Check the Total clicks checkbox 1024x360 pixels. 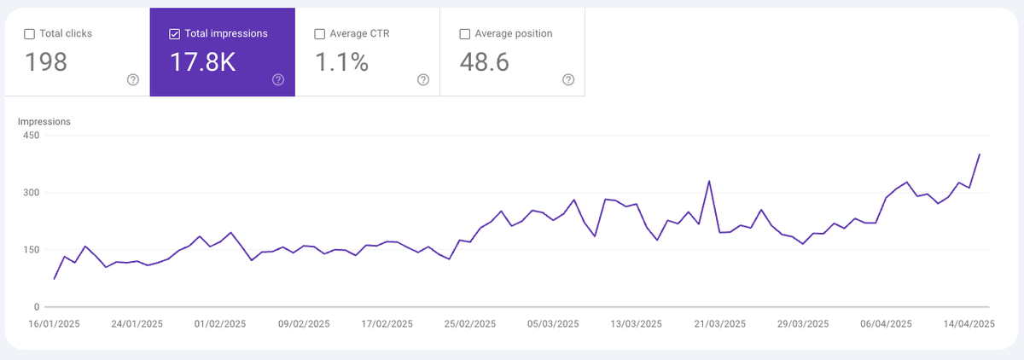pos(30,34)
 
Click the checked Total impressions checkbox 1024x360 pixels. pos(175,34)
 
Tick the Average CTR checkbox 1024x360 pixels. pos(320,34)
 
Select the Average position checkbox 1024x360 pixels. pos(465,34)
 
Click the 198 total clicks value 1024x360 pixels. pos(46,62)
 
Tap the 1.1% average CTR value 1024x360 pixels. pos(341,62)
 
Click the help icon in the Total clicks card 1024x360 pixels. pos(133,80)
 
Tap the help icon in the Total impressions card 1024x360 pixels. pos(278,80)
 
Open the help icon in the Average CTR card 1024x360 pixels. pos(423,80)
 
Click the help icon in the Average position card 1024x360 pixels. pos(568,80)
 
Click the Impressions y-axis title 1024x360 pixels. pos(44,122)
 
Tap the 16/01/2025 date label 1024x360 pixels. pos(54,324)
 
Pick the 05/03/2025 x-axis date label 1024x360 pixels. pos(553,324)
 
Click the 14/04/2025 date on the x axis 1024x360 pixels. pos(969,324)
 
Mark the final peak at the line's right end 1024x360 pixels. pos(979,154)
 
